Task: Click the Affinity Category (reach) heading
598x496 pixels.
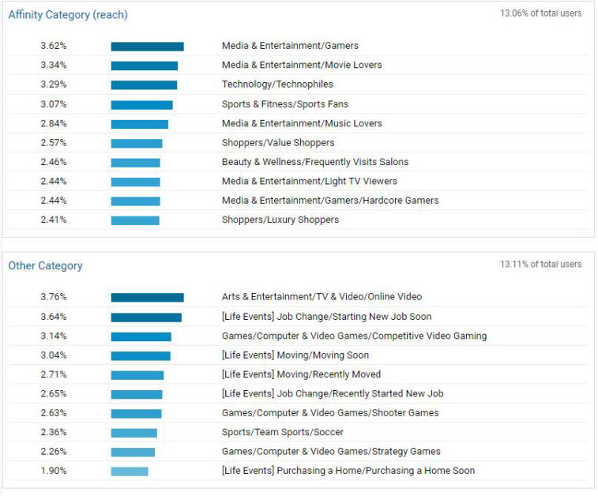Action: pos(68,15)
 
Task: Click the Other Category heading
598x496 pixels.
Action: pos(45,266)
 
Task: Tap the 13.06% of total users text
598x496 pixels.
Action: pos(540,13)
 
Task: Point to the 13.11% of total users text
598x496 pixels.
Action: pos(540,264)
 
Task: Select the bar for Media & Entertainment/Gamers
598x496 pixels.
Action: pos(147,47)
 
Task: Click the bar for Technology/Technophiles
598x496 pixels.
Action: pos(144,85)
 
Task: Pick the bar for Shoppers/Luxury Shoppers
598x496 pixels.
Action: pos(135,220)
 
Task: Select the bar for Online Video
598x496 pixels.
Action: pos(147,298)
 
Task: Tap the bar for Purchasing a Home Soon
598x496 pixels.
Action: pos(130,472)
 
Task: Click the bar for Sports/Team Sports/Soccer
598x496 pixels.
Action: pos(134,433)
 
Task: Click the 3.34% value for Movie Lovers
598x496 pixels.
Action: pos(54,66)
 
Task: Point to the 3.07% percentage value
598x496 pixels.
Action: pos(54,104)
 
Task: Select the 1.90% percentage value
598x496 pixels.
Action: pos(54,471)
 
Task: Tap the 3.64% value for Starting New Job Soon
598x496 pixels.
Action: pos(54,317)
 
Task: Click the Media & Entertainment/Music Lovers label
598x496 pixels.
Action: pos(302,123)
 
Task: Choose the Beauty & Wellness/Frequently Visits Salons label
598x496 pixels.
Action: pos(315,162)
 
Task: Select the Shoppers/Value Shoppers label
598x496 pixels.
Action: pos(278,143)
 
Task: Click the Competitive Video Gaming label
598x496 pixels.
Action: pos(354,336)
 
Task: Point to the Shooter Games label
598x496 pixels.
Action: pos(330,413)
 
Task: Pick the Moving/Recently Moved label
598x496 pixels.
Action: pos(301,374)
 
